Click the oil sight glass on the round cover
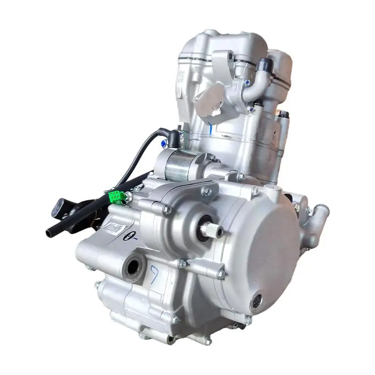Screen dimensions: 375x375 tap(256, 302)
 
